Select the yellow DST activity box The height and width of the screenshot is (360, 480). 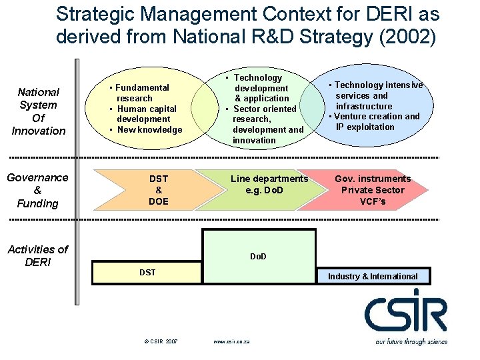tap(147, 273)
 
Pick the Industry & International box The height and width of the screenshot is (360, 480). tap(373, 276)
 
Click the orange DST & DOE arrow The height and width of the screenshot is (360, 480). tap(159, 190)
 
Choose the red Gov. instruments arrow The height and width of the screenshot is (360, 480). tap(372, 190)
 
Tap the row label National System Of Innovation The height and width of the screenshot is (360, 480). tap(39, 111)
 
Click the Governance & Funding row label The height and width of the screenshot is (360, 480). tap(37, 190)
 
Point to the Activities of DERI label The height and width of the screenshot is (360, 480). tap(38, 255)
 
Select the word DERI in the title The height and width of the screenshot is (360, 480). tap(371, 13)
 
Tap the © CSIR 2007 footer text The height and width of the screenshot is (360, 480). tap(161, 341)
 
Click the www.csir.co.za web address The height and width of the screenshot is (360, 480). tap(231, 341)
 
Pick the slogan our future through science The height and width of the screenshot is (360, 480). tap(411, 341)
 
